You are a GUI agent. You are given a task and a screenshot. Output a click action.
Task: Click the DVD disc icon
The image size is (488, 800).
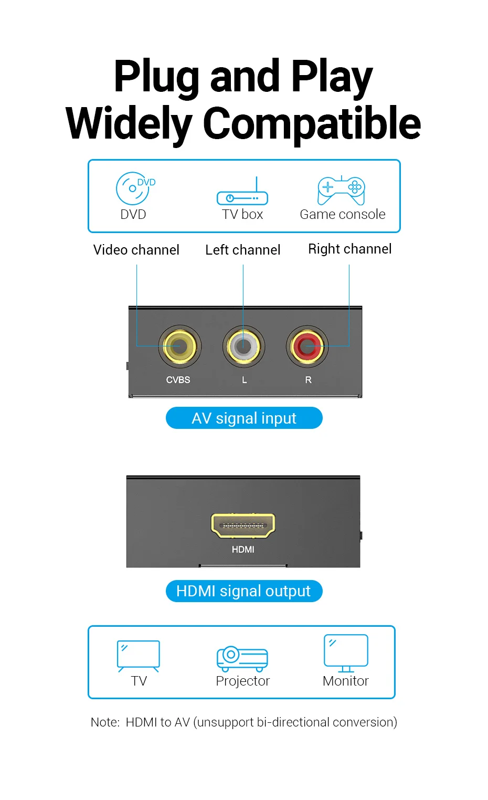[x=133, y=188]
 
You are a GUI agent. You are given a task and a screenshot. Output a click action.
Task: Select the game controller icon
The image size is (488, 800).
[x=341, y=190]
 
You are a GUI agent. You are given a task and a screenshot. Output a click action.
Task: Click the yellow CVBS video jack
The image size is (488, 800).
[x=179, y=346]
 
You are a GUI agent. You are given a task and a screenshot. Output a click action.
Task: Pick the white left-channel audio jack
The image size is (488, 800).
[x=243, y=346]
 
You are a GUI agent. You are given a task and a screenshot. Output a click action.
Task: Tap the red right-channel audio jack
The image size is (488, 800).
[x=307, y=346]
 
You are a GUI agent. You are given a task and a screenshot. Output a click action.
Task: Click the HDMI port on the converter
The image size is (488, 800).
[x=243, y=525]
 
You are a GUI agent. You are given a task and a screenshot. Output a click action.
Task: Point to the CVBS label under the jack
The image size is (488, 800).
[x=178, y=380]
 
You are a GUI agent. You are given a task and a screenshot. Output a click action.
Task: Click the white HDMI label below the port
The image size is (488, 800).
[x=243, y=549]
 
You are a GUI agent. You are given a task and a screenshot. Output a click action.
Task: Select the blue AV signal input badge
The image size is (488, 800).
[x=244, y=418]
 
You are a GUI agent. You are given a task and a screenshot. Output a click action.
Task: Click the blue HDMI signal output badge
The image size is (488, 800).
[x=244, y=591]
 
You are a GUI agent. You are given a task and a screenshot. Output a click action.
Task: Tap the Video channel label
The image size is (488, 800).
[x=136, y=250]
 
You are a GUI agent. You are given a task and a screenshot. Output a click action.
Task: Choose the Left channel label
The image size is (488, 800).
[x=243, y=250]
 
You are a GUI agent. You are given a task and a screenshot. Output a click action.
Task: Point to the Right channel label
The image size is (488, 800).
[x=350, y=249]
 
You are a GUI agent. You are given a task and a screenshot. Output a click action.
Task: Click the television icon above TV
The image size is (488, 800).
[x=139, y=655]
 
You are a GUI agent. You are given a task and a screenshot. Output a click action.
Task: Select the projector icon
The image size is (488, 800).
[x=242, y=659]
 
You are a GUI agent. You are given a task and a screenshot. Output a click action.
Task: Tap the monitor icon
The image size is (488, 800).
[x=346, y=652]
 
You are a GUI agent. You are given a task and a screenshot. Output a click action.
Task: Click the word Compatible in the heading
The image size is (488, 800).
[x=312, y=124]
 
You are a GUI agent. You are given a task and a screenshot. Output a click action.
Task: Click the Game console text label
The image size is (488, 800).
[x=343, y=214]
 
